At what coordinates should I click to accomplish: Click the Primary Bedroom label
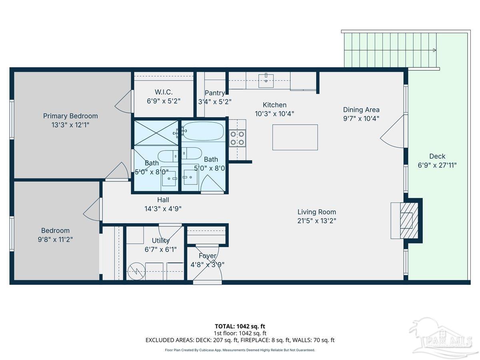[70, 116]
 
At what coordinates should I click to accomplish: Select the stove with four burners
[237, 137]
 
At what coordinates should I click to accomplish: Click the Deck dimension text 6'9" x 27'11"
[437, 165]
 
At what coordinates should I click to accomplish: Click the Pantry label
[214, 93]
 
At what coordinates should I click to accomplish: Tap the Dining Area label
[361, 110]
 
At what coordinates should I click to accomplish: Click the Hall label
[162, 200]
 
